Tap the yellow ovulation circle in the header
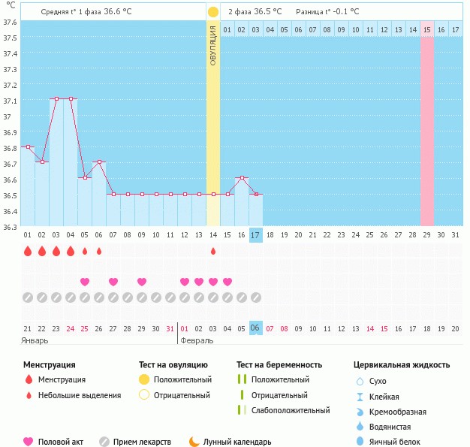tap(213, 12)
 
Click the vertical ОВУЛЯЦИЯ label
tap(213, 45)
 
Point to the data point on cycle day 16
tap(241, 178)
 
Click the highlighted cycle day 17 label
tap(255, 235)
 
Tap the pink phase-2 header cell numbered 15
tap(427, 29)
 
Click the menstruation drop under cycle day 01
tap(28, 251)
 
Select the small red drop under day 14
tap(213, 251)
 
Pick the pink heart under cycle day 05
tap(85, 282)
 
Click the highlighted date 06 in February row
tap(255, 328)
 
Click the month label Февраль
tap(197, 340)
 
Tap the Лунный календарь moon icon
tap(194, 442)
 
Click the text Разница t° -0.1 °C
tap(327, 11)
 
